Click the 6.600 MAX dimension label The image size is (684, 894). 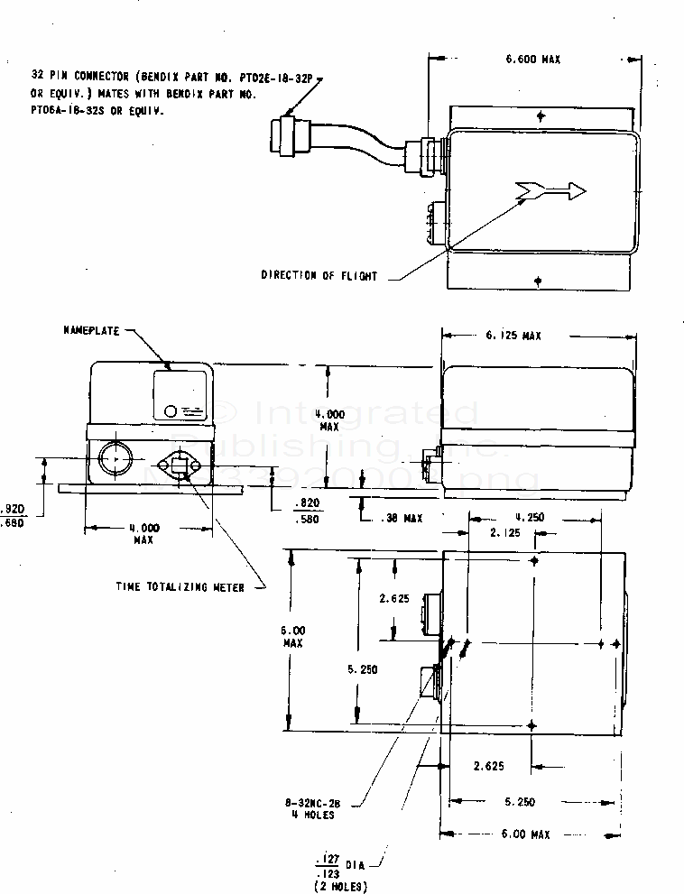pos(533,60)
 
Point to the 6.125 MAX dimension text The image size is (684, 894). pos(508,336)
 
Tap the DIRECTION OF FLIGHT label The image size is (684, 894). pos(319,275)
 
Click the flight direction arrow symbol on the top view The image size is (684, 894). pos(550,190)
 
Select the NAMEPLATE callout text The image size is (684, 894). pos(91,331)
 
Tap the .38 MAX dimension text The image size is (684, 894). pos(400,519)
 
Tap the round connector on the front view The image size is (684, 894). pos(116,458)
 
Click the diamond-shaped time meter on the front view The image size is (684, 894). pos(178,465)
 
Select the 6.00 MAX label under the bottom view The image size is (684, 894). pos(526,834)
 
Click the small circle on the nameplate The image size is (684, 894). pos(171,411)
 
